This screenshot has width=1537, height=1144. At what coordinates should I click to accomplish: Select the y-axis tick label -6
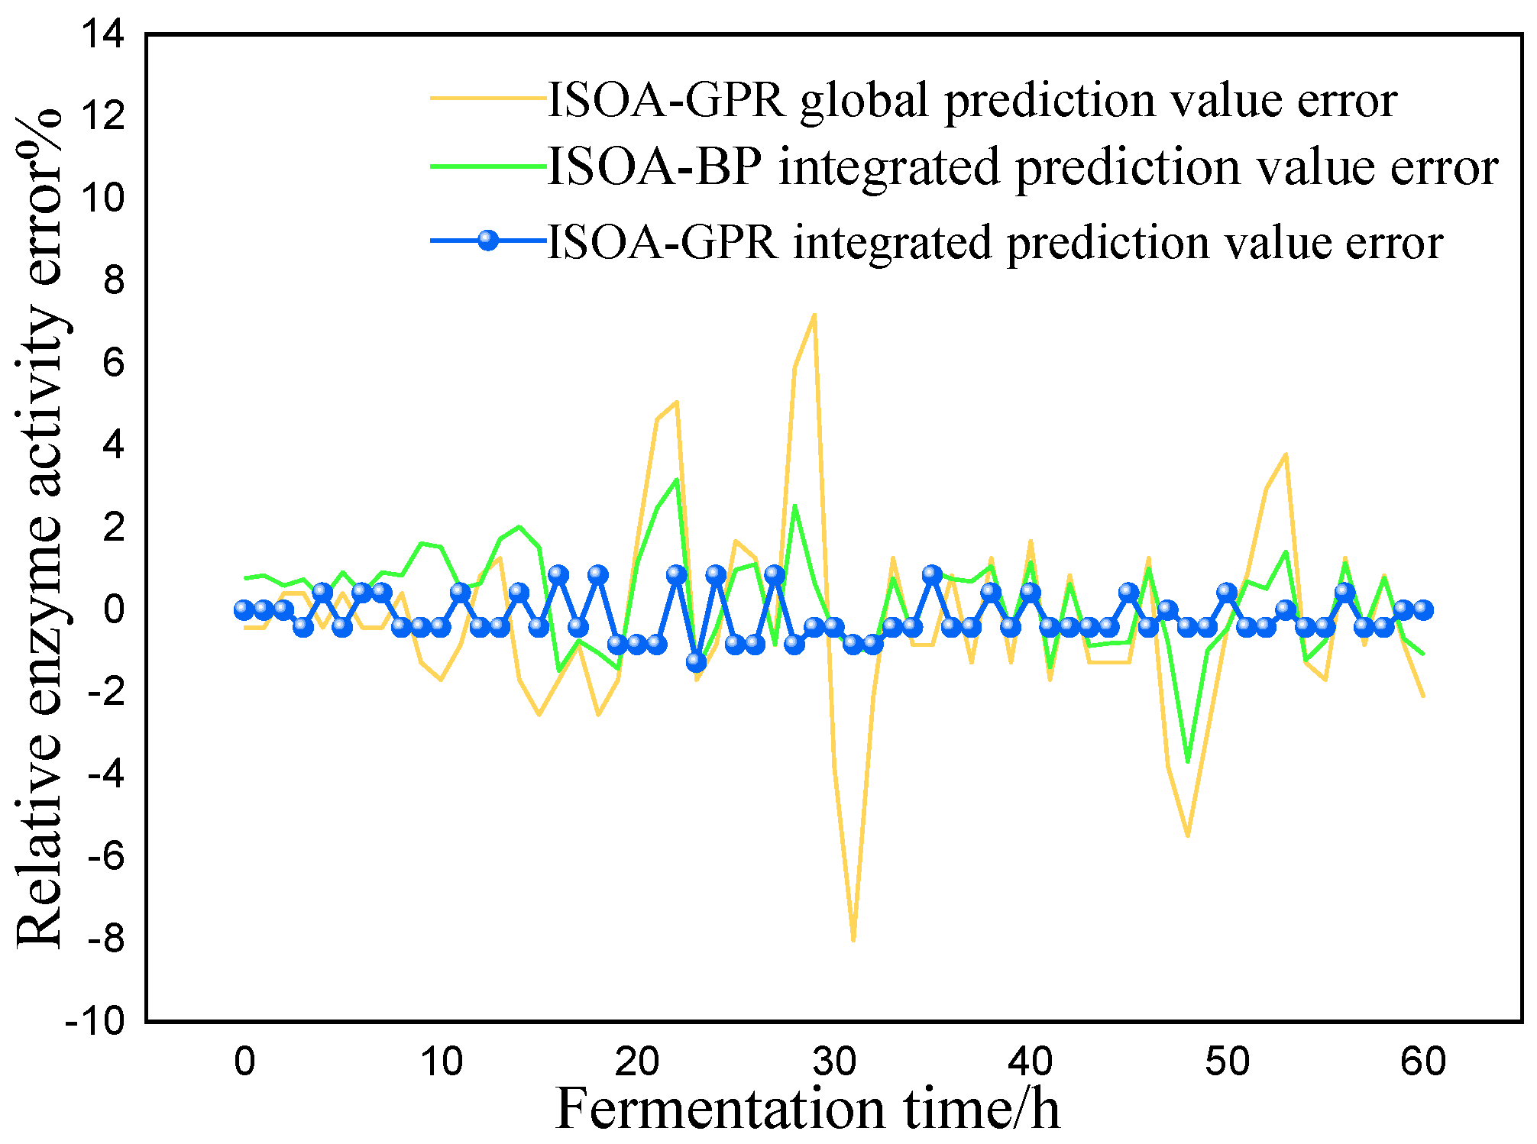[x=105, y=857]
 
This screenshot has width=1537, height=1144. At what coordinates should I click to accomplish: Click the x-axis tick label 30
[x=833, y=1062]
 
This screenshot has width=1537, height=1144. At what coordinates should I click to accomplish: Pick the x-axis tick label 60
[x=1422, y=1062]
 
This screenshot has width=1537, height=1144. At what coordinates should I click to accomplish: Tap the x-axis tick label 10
[x=441, y=1062]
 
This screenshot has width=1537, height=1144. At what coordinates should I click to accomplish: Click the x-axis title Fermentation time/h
[x=807, y=1109]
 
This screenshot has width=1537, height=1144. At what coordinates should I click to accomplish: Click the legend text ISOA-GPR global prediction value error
[x=972, y=99]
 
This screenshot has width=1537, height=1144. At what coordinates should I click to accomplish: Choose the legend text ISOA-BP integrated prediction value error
[x=1022, y=166]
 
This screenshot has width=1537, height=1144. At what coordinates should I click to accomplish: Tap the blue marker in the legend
[x=488, y=241]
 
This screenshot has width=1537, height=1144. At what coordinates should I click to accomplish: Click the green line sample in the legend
[x=488, y=166]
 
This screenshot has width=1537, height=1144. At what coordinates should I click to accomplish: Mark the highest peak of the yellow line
[x=814, y=315]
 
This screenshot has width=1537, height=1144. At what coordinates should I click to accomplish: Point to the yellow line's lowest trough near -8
[x=853, y=939]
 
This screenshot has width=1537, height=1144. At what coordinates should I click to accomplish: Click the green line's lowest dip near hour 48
[x=1187, y=761]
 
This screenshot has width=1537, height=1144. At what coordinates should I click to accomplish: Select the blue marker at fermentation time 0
[x=244, y=609]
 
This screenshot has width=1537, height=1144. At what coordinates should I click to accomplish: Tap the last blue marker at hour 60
[x=1422, y=609]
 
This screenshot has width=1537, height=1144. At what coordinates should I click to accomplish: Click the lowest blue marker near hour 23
[x=696, y=662]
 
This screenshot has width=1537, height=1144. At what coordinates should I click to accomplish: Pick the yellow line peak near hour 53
[x=1286, y=454]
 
